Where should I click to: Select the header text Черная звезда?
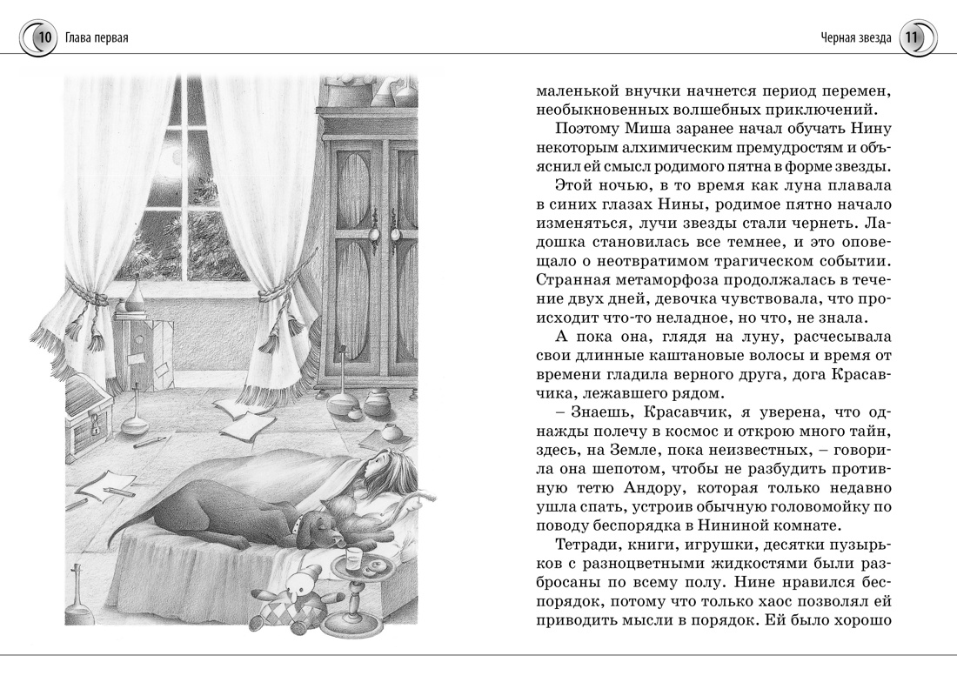point(854,37)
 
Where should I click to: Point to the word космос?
point(713,432)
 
